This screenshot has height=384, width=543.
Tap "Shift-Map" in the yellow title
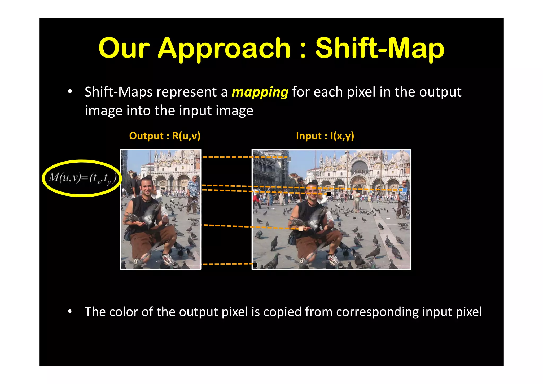tap(380, 48)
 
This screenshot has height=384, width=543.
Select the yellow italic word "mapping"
tap(260, 92)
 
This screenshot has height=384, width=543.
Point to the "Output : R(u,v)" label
tap(165, 136)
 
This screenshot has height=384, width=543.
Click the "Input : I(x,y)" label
tap(325, 136)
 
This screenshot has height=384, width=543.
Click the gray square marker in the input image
tap(289, 159)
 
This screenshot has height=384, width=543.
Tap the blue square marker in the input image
tap(405, 190)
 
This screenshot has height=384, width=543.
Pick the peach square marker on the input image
tap(301, 229)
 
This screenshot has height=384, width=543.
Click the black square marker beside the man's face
tap(329, 194)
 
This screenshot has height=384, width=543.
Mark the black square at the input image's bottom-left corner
tap(255, 264)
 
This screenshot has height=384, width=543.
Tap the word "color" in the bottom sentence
tap(124, 312)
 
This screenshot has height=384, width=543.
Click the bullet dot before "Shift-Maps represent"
tap(70, 92)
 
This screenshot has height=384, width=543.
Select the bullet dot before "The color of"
tap(70, 312)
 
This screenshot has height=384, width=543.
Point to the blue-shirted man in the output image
tap(194, 194)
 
